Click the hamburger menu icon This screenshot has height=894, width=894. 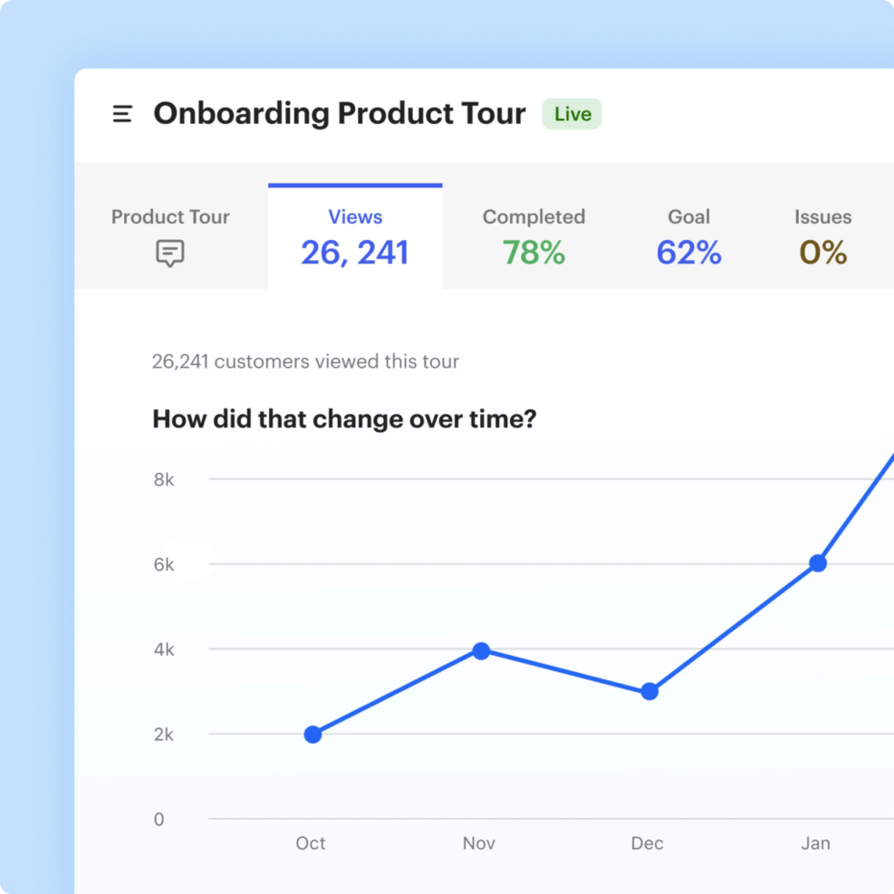tap(122, 114)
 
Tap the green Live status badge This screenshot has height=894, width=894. tap(572, 114)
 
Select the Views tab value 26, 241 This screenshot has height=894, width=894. tap(355, 253)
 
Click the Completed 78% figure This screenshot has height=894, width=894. tap(534, 253)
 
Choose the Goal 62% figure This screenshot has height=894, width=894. tap(688, 253)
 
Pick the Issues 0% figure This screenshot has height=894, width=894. tap(822, 253)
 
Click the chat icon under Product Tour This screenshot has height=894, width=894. tap(170, 253)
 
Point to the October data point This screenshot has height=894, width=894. tap(312, 735)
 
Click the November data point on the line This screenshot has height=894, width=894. tap(481, 650)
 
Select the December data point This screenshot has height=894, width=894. tap(649, 692)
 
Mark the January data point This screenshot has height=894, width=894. tap(818, 563)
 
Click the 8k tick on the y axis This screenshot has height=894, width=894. tap(164, 480)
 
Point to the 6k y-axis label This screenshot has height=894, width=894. tap(164, 565)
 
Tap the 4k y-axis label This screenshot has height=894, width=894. tap(164, 650)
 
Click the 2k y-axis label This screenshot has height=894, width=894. tap(164, 735)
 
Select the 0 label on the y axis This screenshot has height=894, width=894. tap(159, 820)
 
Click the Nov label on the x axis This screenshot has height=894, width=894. tap(479, 843)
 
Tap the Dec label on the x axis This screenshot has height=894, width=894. tap(648, 843)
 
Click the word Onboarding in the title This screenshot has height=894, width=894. tap(241, 114)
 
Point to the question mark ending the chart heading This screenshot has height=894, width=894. tap(529, 419)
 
